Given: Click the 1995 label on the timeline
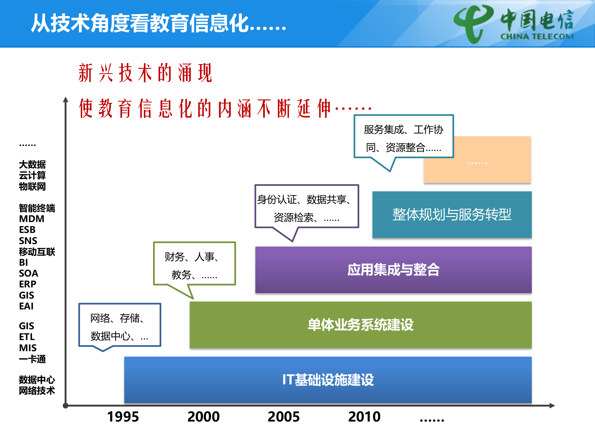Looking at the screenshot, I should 123,417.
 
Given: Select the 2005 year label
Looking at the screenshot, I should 284,417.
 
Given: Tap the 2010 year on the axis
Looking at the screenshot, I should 364,417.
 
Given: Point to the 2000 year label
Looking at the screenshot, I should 203,417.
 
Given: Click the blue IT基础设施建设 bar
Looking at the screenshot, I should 328,380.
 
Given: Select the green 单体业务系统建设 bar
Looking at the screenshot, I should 360,325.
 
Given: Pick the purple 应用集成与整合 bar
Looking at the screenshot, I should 393,269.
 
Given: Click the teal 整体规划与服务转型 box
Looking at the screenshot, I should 452,214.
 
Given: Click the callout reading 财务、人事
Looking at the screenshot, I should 195,263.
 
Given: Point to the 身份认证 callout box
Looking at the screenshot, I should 306,206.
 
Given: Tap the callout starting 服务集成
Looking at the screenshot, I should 403,136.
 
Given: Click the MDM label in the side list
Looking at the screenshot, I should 32,219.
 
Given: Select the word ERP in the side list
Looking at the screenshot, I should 28,284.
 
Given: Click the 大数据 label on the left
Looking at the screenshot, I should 32,164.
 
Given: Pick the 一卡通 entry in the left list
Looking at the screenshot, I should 32,359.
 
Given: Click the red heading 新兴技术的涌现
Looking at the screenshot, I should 145,73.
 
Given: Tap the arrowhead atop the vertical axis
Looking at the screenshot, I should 65,99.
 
